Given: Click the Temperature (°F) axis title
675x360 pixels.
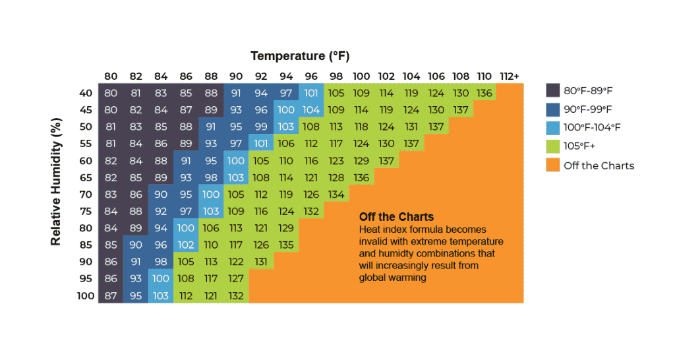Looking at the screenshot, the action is pos(300,56).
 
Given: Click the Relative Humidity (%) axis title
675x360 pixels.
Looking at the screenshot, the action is pos(56,182).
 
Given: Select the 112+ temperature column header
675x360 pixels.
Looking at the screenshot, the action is pos(510,76).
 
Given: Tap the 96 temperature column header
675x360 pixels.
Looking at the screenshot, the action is pos(311,76).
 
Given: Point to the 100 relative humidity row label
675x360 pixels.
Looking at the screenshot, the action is pos(86,296).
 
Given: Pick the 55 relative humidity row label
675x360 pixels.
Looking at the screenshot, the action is pos(86,143).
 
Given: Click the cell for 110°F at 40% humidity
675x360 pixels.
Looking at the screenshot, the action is pos(484,92).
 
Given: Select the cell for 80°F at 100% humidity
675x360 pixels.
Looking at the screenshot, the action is pos(111,296).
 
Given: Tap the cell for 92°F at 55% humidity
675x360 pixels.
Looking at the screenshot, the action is pos(261,143).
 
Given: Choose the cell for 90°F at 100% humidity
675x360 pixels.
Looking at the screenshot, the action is pos(236,296).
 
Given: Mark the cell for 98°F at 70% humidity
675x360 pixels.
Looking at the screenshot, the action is pos(336,195).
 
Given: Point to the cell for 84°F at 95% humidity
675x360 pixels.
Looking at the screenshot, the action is pos(161,279).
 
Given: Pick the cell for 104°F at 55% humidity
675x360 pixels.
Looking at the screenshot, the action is pos(411,143).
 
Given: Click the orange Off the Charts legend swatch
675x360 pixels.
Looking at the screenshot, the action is pos(553,165).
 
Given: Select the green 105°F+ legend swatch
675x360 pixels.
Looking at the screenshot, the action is pos(553,146).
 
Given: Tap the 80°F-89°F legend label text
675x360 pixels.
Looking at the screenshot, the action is pos(588,91).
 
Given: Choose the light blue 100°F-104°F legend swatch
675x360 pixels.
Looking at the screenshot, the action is pos(553,128).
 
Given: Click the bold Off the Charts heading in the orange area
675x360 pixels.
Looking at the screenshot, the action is pos(396,217).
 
